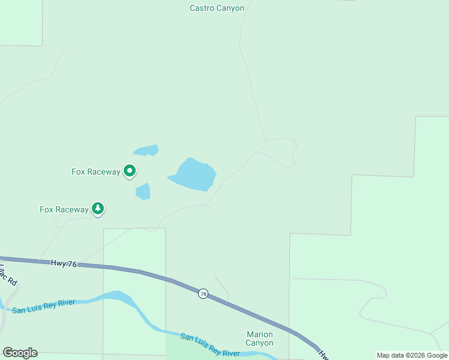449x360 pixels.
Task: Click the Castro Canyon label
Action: point(217,8)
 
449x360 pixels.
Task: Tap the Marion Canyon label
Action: point(259,338)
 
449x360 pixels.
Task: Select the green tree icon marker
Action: point(98,209)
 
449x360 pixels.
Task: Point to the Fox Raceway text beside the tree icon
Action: point(64,209)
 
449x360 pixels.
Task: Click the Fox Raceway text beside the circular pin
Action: point(96,172)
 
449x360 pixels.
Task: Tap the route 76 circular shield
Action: point(203,293)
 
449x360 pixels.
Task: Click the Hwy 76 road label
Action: point(64,263)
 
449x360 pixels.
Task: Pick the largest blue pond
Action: point(193,175)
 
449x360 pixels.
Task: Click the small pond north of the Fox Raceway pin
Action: point(146,150)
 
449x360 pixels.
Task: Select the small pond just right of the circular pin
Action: point(143,191)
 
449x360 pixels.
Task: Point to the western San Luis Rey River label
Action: point(44,306)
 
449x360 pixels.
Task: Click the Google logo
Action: point(20,353)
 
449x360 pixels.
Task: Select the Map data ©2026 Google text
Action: point(412,355)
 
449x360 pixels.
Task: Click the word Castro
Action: point(202,8)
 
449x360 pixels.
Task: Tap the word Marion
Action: point(259,334)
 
